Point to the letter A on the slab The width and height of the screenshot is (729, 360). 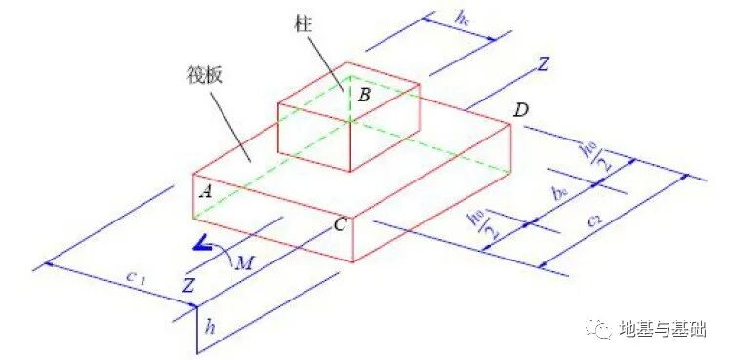point(205,192)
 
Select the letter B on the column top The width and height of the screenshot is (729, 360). point(363,96)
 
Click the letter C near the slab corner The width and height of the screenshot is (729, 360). point(340,224)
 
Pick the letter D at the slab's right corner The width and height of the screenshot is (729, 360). point(520,110)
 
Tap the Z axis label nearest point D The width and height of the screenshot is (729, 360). point(543,65)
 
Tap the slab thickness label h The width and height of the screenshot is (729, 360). point(209,327)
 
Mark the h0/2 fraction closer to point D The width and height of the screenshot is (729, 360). point(588,155)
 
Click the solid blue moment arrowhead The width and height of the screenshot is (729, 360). point(200,243)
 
